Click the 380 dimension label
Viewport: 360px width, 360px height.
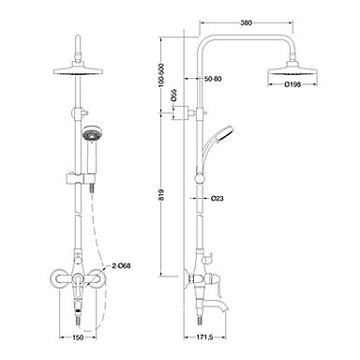247,22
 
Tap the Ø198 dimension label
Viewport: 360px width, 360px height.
292,84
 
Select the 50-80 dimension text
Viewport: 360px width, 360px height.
213,79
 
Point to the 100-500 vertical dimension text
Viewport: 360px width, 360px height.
161,76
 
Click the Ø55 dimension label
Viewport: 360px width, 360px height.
174,96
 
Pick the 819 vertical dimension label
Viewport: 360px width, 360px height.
161,195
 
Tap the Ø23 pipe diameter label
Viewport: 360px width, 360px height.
217,198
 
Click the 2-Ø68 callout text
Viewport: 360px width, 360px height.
121,266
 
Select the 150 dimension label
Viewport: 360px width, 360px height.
78,337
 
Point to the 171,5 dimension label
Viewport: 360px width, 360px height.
204,337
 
